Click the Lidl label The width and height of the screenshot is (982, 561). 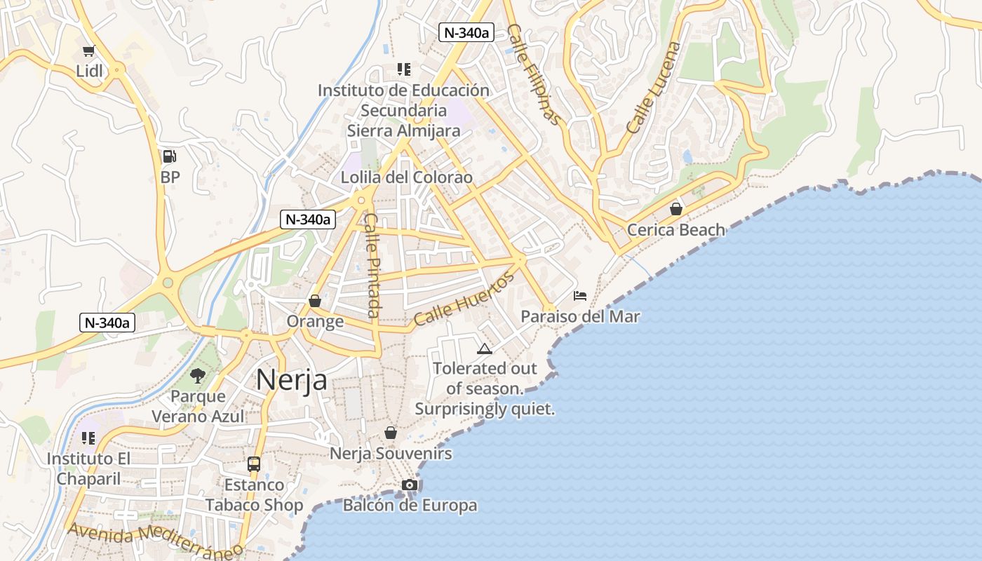tap(89, 71)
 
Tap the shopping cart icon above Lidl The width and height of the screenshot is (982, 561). tap(89, 50)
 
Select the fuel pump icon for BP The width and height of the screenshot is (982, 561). tap(170, 156)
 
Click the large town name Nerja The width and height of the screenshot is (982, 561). tap(291, 379)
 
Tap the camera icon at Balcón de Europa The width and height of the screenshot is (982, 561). tap(410, 485)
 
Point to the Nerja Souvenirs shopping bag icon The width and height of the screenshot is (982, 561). tap(391, 433)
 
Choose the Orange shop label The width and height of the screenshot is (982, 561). tap(315, 321)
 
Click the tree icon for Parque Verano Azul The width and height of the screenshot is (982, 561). tap(198, 376)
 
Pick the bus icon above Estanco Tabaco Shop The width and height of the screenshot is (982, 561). tap(254, 464)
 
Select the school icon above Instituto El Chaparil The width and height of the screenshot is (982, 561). tap(88, 438)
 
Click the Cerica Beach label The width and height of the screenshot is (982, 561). tap(675, 229)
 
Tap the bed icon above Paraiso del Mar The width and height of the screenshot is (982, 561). tap(580, 296)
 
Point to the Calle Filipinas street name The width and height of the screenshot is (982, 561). tap(534, 74)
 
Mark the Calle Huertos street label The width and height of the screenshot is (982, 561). tap(464, 299)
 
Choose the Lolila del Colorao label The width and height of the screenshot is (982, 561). tap(407, 177)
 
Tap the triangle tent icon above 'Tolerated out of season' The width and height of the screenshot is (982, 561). tap(485, 349)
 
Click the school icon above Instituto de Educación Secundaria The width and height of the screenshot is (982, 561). tap(403, 69)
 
